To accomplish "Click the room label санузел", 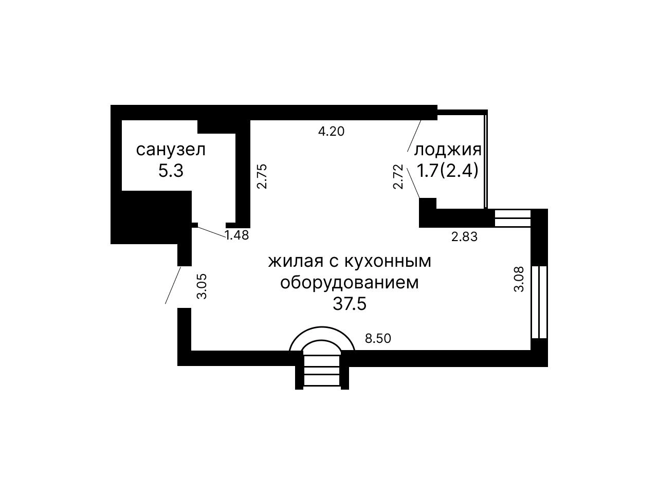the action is click(x=171, y=150).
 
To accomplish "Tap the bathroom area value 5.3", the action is click(x=171, y=171).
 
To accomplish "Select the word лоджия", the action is click(x=447, y=151).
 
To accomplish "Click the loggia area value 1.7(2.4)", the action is click(x=447, y=171).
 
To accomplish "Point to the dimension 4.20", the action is click(x=331, y=131).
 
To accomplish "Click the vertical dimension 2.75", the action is click(x=262, y=176).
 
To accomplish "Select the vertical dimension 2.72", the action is click(x=398, y=176).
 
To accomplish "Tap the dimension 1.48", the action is click(x=237, y=235).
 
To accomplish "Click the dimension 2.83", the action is click(x=464, y=237).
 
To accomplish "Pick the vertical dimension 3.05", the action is click(x=202, y=286).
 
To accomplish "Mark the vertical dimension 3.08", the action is click(x=519, y=279).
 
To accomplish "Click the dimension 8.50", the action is click(x=378, y=338).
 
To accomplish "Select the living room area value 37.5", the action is click(x=350, y=304).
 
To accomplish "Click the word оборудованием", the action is click(x=350, y=283).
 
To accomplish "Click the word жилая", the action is click(x=296, y=261).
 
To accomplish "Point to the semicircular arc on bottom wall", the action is click(x=322, y=327).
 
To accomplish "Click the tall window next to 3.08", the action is click(x=539, y=302).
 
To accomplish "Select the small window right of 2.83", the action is click(x=513, y=218).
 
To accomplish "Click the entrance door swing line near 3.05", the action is click(x=173, y=285).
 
